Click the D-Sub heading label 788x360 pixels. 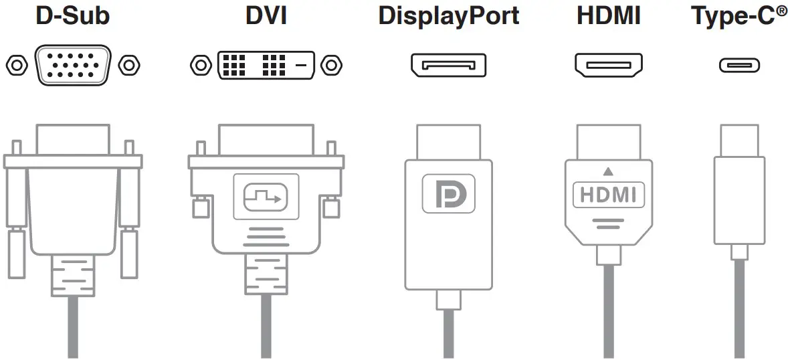tap(73, 16)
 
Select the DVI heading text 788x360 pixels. tap(266, 16)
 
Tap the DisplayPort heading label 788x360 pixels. tap(448, 16)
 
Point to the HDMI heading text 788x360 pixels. tap(608, 16)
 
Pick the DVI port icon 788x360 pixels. tap(266, 65)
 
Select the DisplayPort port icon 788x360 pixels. tap(448, 65)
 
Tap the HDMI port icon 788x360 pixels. tap(608, 65)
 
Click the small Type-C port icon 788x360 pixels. tap(739, 65)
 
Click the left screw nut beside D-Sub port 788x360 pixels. tap(16, 65)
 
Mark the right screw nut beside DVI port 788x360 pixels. tap(330, 65)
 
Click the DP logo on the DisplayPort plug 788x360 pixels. tap(448, 194)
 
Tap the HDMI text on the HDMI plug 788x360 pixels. tap(608, 195)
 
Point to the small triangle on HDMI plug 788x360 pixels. tap(608, 171)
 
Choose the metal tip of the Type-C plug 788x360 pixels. tap(739, 140)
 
